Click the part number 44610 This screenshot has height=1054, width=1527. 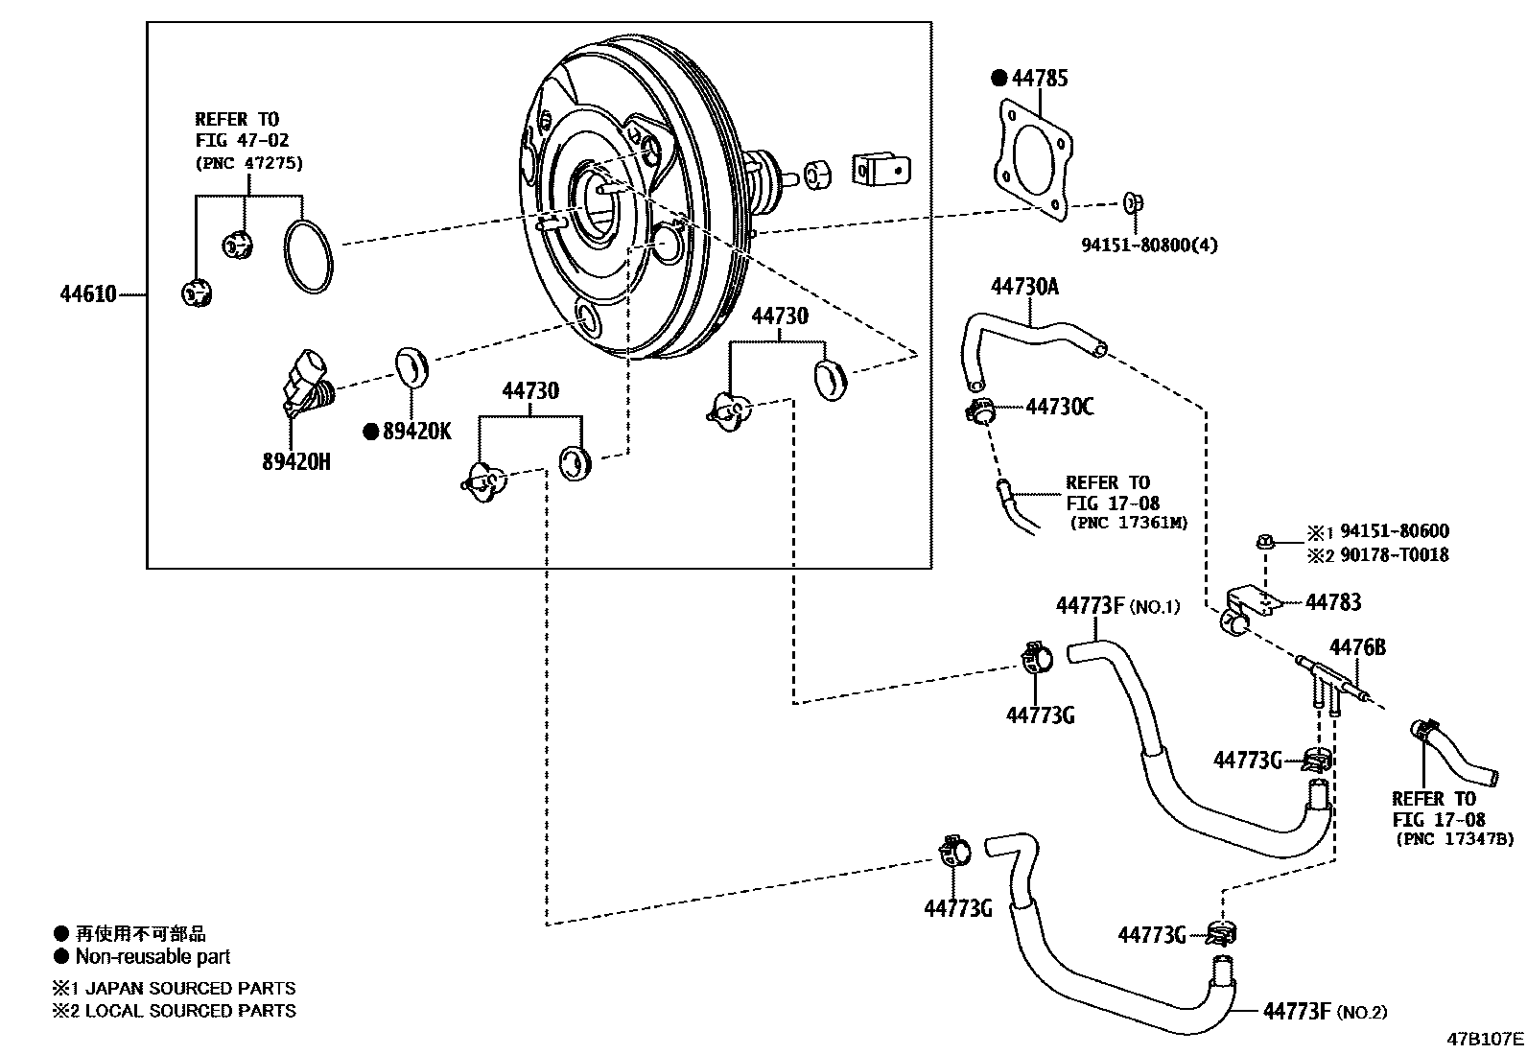88,294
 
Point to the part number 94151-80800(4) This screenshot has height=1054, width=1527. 1149,245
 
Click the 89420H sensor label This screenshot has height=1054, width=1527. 296,462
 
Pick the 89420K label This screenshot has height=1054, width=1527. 416,432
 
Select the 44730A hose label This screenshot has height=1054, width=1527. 1024,287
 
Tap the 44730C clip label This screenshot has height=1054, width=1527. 1059,407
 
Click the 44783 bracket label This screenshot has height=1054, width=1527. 1332,602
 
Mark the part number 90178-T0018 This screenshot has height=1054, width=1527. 1394,555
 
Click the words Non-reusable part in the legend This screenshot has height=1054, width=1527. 153,956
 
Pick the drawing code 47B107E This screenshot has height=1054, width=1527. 1485,1039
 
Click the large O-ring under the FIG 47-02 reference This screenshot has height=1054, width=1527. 309,255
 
